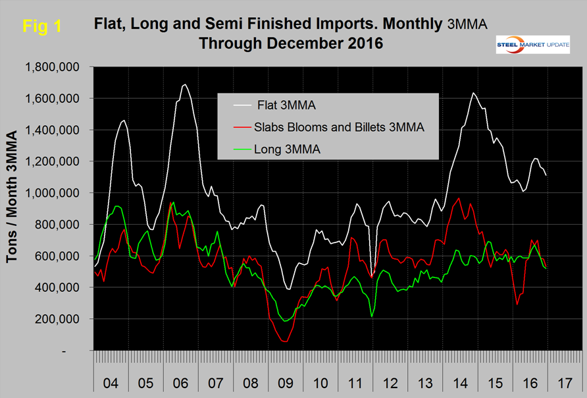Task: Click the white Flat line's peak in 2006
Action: coord(185,84)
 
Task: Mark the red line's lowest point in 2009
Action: coord(284,341)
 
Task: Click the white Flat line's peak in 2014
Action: coord(472,93)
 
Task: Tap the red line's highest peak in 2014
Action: coord(459,198)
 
